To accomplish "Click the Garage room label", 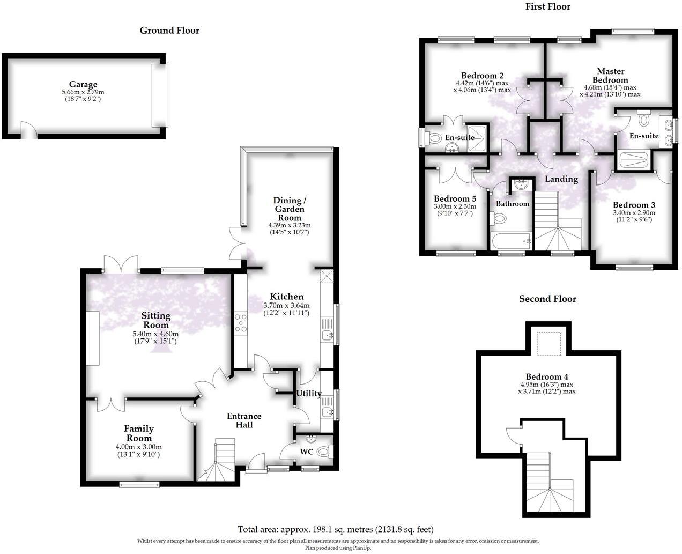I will tap(83, 84).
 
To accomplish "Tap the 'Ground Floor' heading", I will tap(169, 31).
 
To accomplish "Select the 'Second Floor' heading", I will tap(547, 299).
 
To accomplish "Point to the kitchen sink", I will tap(327, 336).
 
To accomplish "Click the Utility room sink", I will tap(327, 412).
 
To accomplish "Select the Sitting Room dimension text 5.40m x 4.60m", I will tap(155, 334).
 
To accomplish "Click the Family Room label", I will tap(139, 429).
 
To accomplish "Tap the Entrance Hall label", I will tap(244, 420).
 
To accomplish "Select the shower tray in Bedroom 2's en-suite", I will tap(477, 138).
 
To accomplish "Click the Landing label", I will tap(561, 179).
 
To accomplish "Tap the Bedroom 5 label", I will tap(455, 198).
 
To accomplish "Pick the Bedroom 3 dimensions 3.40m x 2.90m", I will tap(634, 212).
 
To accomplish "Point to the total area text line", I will tap(335, 529).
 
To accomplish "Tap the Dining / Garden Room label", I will tap(290, 209).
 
